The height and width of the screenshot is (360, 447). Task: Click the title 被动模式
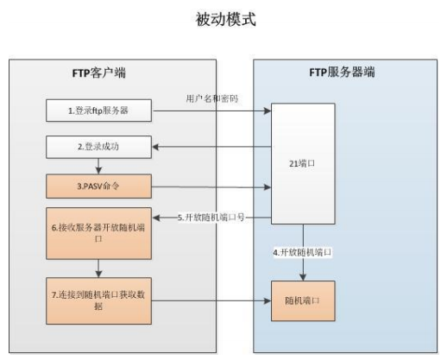[226, 18]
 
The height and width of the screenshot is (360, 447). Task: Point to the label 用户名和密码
[212, 98]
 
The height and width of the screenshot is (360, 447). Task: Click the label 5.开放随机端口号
[211, 218]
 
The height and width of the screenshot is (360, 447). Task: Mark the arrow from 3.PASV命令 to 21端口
[211, 185]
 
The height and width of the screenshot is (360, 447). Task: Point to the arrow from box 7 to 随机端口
[211, 300]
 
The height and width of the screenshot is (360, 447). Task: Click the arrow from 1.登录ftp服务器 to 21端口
[211, 111]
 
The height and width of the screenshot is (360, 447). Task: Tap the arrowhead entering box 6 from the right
[157, 218]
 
